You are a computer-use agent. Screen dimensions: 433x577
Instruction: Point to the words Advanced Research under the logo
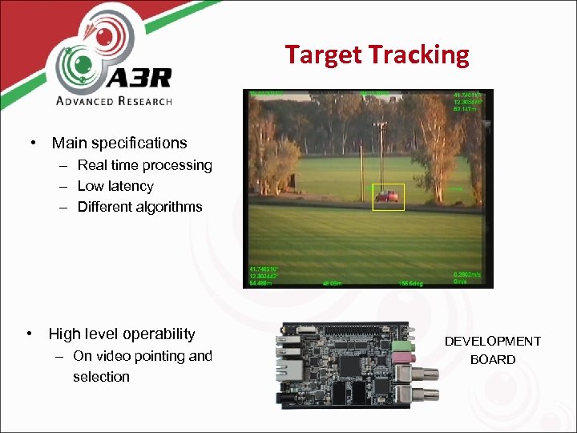(114, 101)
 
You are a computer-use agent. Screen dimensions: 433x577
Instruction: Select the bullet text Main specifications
(119, 144)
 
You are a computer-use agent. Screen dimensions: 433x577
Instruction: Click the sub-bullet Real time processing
(144, 165)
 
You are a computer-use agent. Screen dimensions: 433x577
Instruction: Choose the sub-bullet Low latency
(115, 186)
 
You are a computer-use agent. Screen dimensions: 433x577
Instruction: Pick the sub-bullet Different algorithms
(139, 207)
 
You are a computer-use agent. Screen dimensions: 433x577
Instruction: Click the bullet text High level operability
(122, 334)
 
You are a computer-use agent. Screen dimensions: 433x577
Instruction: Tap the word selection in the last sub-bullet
(101, 377)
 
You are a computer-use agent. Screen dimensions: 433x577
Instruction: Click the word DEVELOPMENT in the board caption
(493, 342)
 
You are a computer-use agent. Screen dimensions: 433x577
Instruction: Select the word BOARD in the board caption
(493, 360)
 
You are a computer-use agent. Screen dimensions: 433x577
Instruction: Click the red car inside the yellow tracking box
(387, 196)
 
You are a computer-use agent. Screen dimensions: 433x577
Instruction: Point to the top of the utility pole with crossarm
(381, 125)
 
